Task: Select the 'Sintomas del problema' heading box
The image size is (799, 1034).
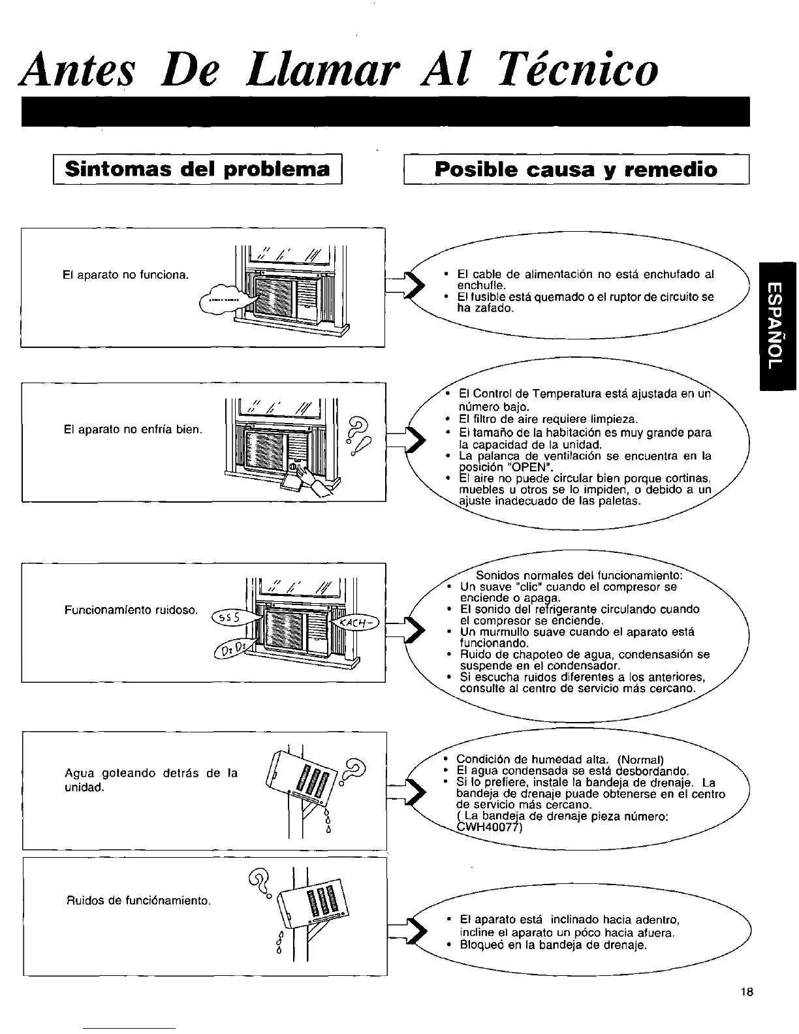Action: tap(198, 170)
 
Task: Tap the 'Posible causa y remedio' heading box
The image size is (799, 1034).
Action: tap(576, 170)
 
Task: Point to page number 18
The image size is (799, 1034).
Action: tap(747, 1010)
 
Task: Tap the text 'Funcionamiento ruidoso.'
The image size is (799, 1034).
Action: tap(131, 610)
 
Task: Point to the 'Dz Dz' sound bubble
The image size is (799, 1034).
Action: tap(230, 651)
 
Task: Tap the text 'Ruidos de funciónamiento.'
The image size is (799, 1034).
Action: tap(138, 901)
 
